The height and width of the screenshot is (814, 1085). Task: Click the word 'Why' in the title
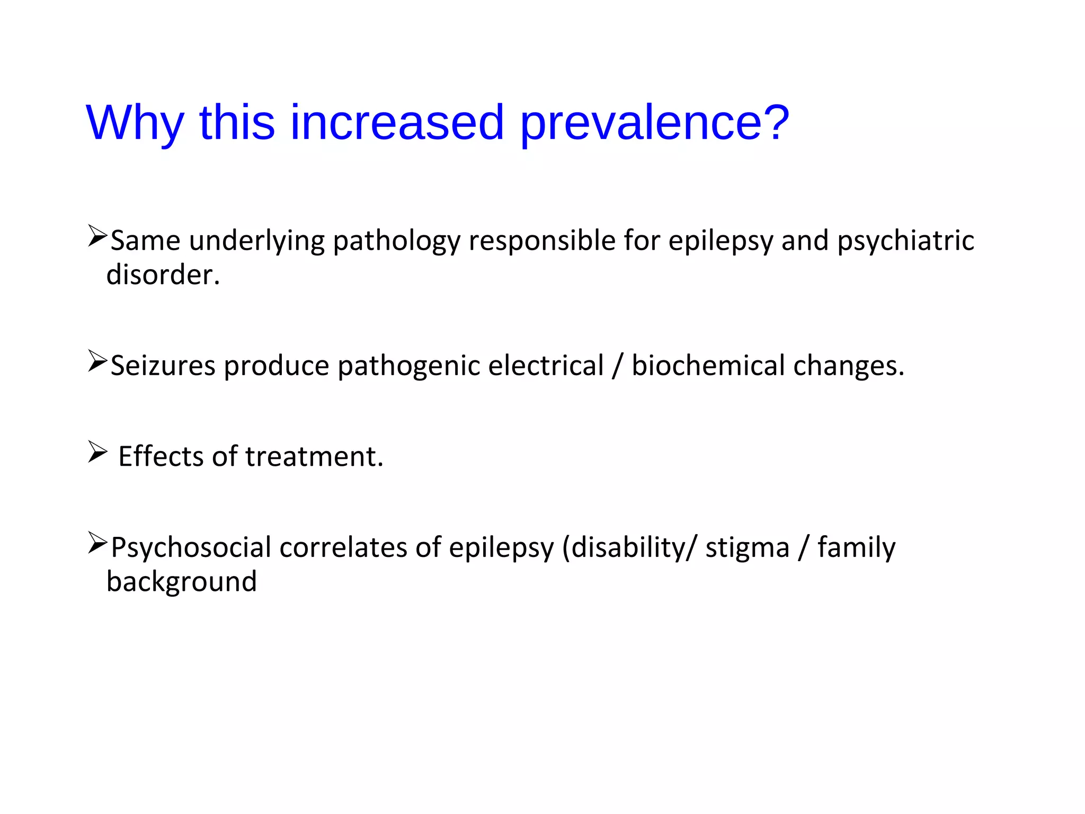[x=135, y=123]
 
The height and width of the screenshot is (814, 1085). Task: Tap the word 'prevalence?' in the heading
[x=655, y=123]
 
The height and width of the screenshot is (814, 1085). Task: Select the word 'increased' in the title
[x=397, y=123]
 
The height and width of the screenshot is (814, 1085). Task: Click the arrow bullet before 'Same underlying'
[x=97, y=236]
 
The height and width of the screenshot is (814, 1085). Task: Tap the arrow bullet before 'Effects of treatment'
[x=97, y=452]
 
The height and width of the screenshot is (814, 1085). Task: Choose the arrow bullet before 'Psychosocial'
[x=97, y=543]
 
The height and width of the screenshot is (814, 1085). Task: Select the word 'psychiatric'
[x=905, y=241]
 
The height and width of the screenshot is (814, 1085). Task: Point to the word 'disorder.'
[x=163, y=275]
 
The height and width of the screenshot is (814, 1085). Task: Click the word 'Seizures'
[x=163, y=366]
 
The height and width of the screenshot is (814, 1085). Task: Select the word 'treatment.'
[x=314, y=457]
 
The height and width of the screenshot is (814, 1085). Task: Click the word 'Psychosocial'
[x=191, y=548]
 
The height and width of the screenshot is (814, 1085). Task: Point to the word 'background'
[x=182, y=582]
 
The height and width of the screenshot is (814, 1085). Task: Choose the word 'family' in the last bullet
[x=856, y=548]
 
